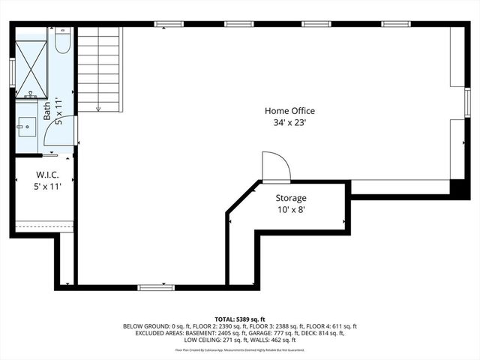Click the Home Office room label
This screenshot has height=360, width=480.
point(289,111)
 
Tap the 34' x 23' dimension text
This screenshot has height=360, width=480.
point(289,121)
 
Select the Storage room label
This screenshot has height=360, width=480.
point(290,198)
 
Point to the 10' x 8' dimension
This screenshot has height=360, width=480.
point(290,209)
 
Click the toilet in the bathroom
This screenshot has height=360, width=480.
point(62,42)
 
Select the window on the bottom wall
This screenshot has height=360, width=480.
point(156,286)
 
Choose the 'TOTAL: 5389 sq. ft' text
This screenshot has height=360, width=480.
point(239,319)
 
